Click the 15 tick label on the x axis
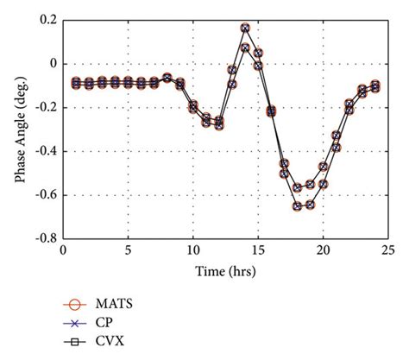click(x=258, y=250)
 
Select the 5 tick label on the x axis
click(x=128, y=250)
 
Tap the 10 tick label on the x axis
click(x=193, y=250)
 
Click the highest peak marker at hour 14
click(x=245, y=28)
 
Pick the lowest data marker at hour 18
click(x=297, y=206)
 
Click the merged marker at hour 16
click(x=271, y=111)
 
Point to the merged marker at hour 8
click(x=167, y=78)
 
